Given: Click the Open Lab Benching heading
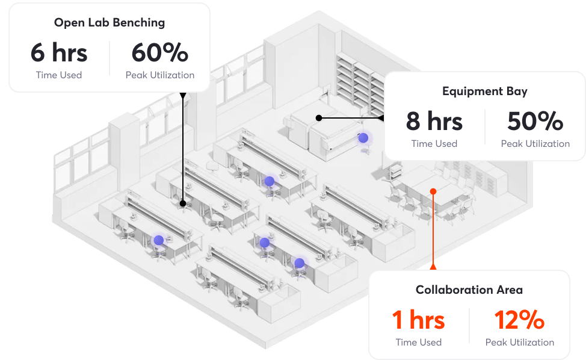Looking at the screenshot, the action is click(x=109, y=23).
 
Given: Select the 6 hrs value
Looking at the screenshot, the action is click(x=59, y=53).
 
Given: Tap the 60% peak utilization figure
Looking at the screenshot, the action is click(x=160, y=53).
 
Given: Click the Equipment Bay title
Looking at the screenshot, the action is click(x=484, y=92).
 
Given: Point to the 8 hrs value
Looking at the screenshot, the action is click(x=434, y=122).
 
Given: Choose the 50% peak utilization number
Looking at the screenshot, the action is click(x=535, y=122).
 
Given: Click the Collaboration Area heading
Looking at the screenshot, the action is click(x=469, y=290).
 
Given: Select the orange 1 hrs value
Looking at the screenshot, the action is click(x=418, y=320).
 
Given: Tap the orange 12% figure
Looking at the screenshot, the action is click(x=519, y=320).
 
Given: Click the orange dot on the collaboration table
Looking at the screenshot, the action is click(x=433, y=191).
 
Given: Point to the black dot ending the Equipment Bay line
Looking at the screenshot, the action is click(x=319, y=118).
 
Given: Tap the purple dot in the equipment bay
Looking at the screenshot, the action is click(x=363, y=138).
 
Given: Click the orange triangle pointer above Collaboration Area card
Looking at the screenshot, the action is click(x=433, y=265).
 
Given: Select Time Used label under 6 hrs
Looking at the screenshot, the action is click(x=59, y=75).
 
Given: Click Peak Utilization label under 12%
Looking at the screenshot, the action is click(x=519, y=343).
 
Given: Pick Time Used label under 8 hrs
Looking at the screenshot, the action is click(x=434, y=144).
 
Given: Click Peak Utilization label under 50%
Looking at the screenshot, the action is click(x=535, y=144).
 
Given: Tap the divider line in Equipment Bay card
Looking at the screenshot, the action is click(x=485, y=127).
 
